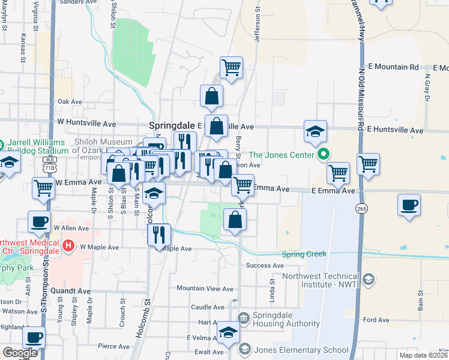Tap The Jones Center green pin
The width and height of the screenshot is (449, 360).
click(x=324, y=155)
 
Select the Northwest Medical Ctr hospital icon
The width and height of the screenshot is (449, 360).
click(x=68, y=245)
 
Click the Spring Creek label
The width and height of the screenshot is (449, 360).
click(x=304, y=254)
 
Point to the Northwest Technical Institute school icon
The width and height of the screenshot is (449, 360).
click(x=369, y=280)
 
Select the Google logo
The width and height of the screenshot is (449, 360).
click(x=20, y=353)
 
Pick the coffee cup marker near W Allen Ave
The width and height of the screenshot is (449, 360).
click(x=39, y=221)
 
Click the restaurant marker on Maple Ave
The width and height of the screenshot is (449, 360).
click(x=159, y=233)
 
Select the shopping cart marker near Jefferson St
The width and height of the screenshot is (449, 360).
click(x=231, y=68)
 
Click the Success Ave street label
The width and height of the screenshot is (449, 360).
click(x=265, y=265)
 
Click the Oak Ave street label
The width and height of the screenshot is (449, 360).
click(x=69, y=101)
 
